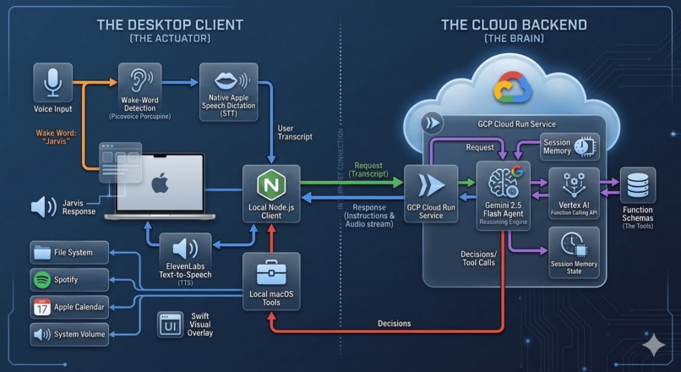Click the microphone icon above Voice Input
pos(53,83)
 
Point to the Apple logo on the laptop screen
pos(160,184)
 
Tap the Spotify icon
pos(42,280)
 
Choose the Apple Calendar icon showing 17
pos(42,307)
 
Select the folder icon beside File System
pos(42,252)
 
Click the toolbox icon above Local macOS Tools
pos(271,272)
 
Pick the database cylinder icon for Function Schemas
pos(638,185)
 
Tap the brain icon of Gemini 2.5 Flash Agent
pos(503,182)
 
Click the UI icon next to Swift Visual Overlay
pos(171,325)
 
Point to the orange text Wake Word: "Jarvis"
pos(53,137)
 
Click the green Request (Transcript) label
pos(368,169)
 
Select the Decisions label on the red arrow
pos(394,323)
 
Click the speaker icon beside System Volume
pos(42,335)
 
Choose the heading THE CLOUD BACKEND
pos(515,25)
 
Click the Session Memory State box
pos(574,253)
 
